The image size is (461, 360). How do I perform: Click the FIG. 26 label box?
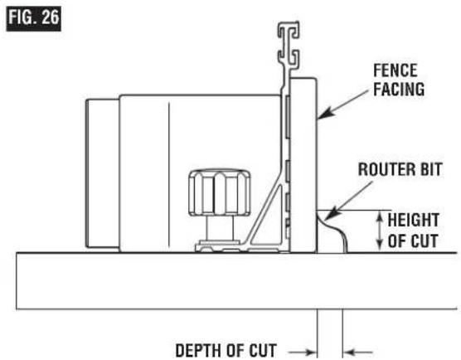33,18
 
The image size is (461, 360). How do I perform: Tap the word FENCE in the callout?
395,71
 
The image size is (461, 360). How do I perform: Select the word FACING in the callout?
399,89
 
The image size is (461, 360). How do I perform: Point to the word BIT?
431,169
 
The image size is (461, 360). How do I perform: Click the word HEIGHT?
414,220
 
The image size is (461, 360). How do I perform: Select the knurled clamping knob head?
220,192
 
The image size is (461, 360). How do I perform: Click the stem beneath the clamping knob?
220,228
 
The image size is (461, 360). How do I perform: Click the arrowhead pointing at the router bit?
330,215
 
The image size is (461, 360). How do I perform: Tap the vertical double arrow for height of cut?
380,231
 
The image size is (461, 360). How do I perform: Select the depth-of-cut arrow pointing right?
303,352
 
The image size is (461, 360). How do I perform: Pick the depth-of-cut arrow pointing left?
358,352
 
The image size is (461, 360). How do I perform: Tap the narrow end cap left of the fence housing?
102,174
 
